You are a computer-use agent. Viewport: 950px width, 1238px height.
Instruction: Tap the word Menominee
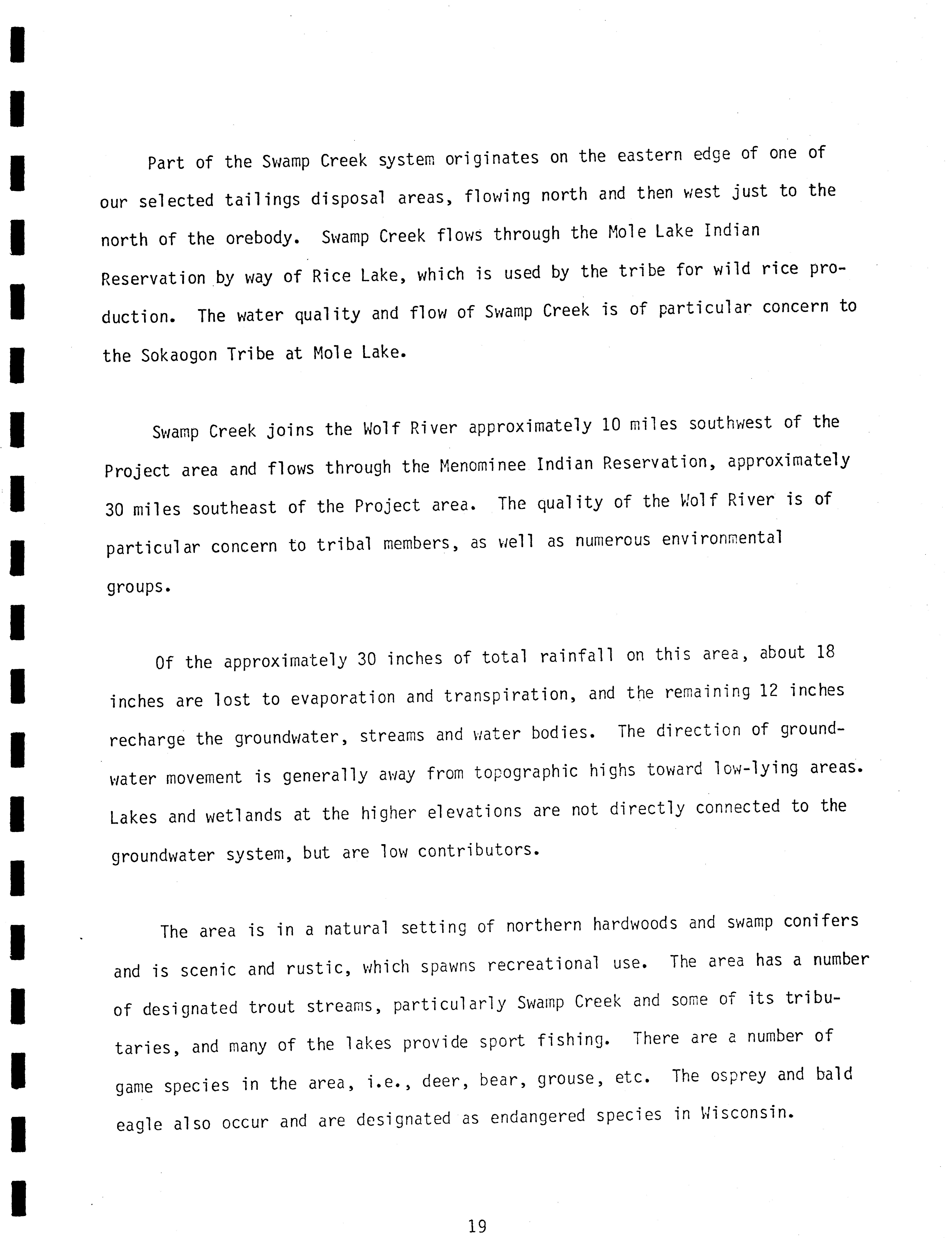(482, 465)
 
